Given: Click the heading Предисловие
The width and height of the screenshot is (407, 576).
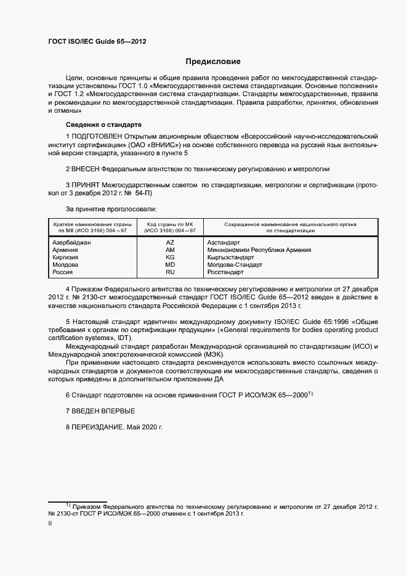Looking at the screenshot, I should coord(213,62).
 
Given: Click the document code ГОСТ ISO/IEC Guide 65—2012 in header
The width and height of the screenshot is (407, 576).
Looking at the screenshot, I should coord(97,43).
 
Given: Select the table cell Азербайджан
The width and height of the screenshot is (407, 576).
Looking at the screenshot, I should coord(72,243).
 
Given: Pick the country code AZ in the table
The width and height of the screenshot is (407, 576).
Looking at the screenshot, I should coord(170,243).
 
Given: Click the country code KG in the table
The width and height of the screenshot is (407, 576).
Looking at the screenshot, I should coord(170,258).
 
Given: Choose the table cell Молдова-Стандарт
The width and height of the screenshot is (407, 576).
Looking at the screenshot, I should coord(235,265).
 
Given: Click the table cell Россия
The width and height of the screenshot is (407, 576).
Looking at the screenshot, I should coord(63,272).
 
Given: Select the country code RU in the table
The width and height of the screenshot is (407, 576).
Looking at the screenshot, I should coord(170,272).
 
